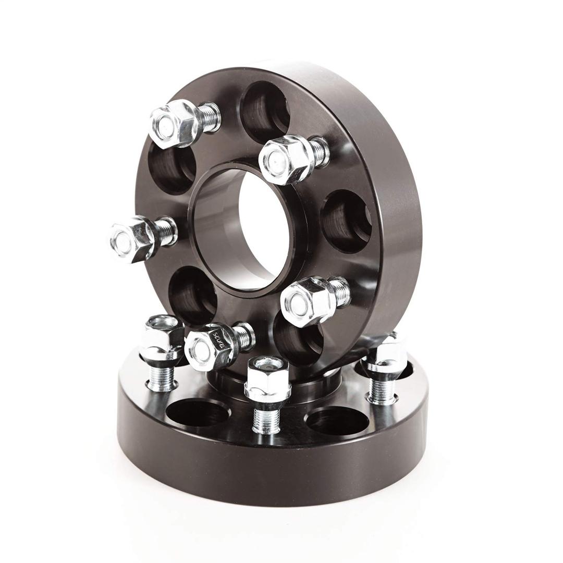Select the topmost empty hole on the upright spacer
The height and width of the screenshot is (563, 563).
(x=265, y=112)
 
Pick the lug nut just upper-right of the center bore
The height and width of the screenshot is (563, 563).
(x=284, y=159)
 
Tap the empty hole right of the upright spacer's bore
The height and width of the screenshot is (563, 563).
(x=347, y=222)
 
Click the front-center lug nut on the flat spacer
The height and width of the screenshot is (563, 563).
(x=267, y=378)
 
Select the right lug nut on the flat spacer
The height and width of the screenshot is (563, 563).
(x=387, y=354)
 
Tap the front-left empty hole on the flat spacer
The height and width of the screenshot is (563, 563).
(x=198, y=412)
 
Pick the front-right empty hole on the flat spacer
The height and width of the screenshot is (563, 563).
(x=337, y=420)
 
